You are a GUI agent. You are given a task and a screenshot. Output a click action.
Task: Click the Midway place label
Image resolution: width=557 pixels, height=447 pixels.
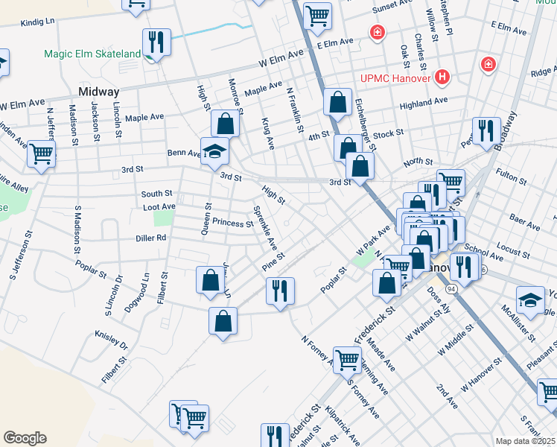point(98,92)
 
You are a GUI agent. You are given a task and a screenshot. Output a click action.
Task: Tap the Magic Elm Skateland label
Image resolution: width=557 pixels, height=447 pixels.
point(92,54)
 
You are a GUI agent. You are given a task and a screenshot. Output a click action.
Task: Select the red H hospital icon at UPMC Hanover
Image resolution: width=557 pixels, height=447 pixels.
point(443,76)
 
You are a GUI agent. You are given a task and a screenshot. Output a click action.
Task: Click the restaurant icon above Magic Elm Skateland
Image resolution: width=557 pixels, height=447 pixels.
point(156,42)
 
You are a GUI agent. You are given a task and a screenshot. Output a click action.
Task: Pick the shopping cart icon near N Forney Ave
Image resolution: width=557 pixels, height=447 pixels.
point(347,360)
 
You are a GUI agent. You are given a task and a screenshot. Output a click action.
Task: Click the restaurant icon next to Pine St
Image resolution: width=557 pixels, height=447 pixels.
point(280,291)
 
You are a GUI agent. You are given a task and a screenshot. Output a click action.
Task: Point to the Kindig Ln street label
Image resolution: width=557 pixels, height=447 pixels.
point(39,23)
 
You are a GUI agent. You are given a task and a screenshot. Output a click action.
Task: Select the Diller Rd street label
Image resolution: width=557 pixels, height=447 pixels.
point(150,238)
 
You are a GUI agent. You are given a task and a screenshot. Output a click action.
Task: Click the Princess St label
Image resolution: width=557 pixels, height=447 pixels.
point(232,223)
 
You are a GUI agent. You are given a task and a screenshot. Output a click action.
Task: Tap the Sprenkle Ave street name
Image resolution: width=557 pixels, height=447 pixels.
point(265,228)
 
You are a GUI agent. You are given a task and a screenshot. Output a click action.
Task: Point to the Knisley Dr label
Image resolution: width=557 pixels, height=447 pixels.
point(112,340)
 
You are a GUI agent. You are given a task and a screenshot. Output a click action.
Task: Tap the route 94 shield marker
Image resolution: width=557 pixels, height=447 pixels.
point(451,288)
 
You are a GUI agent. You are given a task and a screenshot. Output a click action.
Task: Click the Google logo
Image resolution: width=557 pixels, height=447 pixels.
point(25,438)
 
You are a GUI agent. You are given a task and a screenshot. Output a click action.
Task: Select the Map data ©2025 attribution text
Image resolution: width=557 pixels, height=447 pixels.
point(526,441)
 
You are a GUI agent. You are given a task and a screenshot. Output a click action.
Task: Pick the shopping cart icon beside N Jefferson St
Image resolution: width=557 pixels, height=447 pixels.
point(41,155)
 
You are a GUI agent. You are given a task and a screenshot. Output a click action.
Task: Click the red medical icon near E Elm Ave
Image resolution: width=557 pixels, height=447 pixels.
point(378,33)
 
